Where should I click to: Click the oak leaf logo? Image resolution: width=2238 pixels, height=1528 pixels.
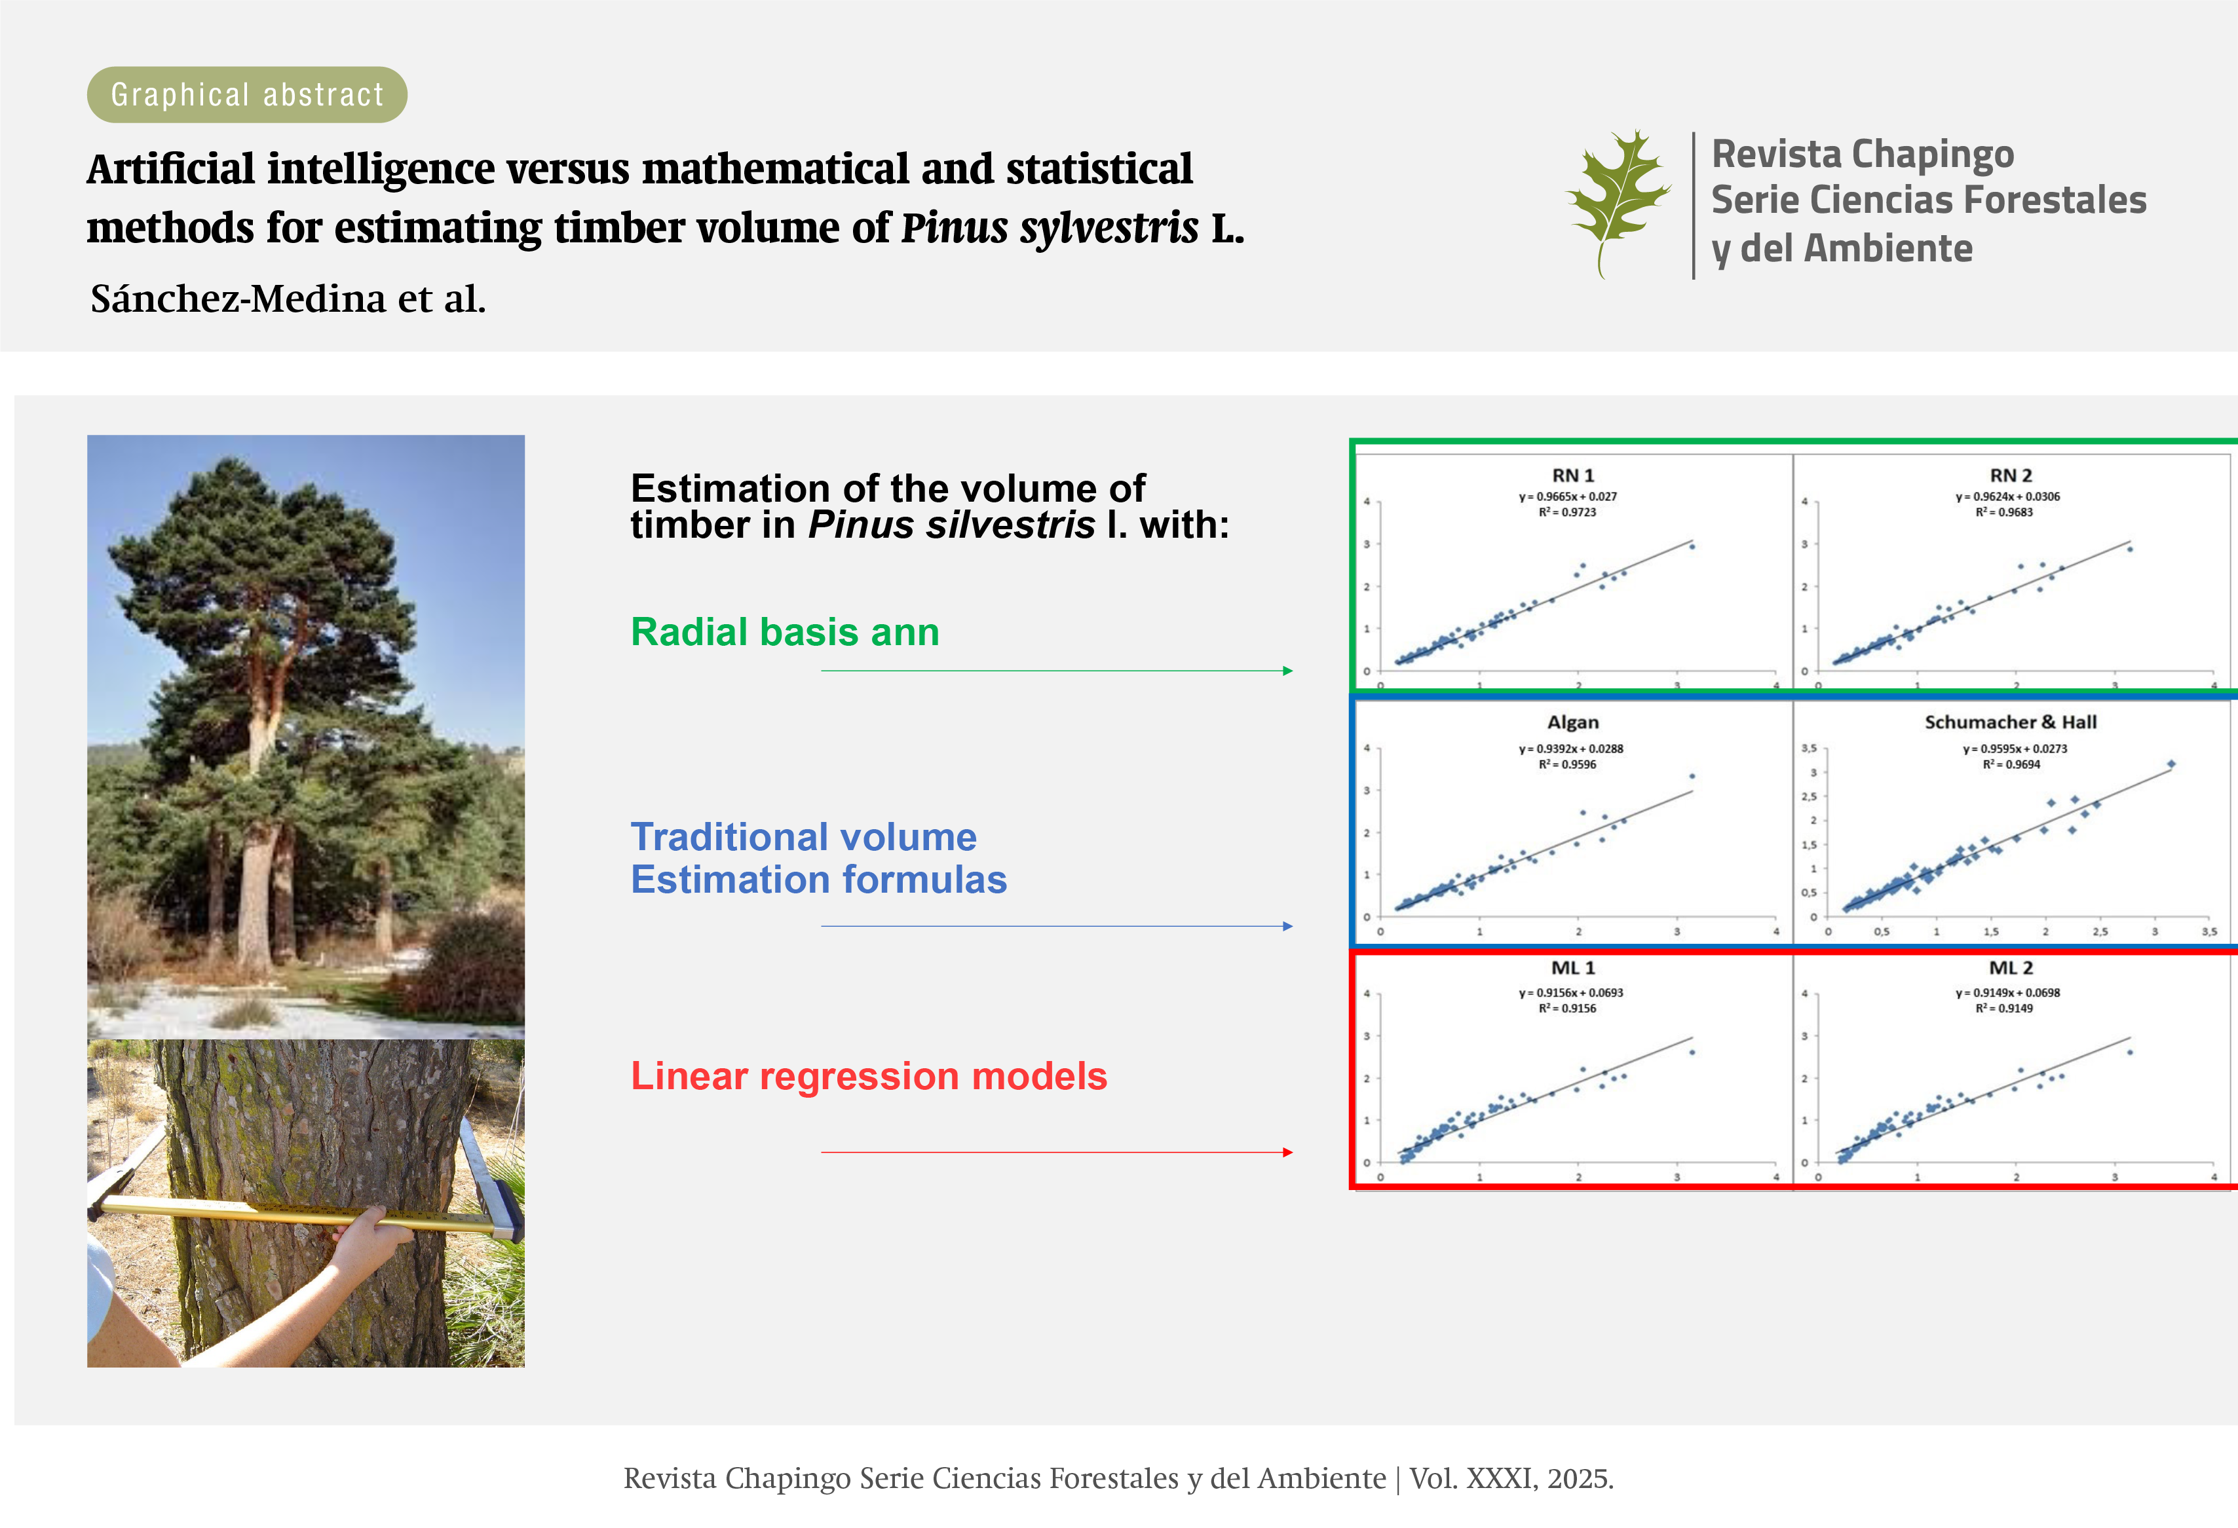(1618, 203)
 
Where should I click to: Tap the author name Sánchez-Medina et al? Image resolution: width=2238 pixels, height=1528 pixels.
(288, 299)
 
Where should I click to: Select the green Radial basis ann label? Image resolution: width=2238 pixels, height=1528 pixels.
(785, 631)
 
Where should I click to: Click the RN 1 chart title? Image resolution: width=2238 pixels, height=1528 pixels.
(1572, 475)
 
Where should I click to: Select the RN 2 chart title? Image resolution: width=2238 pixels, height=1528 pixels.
(2011, 475)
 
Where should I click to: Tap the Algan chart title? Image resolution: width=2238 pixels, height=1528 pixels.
(1572, 722)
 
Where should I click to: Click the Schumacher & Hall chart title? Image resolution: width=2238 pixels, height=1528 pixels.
(2010, 722)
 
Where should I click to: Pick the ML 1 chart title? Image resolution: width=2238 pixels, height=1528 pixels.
(1572, 967)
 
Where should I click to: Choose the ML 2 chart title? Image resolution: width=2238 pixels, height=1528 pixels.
(2011, 967)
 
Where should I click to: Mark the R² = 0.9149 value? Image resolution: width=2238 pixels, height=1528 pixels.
(2004, 1008)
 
